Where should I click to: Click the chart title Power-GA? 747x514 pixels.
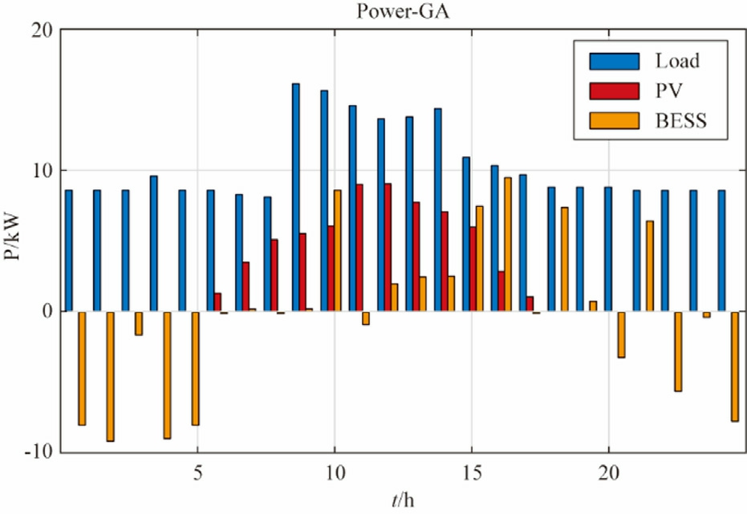point(373,11)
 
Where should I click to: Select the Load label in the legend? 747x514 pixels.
point(676,61)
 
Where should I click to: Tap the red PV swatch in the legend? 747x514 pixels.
point(614,91)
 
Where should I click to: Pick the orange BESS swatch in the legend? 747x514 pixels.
point(614,121)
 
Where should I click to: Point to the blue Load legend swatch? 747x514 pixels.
point(614,61)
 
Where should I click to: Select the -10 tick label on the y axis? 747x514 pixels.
point(36,452)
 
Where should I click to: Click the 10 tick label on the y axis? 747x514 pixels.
point(40,170)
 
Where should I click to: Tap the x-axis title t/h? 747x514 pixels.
point(403,500)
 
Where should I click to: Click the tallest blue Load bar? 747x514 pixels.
point(295,197)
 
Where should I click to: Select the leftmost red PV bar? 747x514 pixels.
point(217,302)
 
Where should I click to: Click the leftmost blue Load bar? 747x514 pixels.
point(68,250)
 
